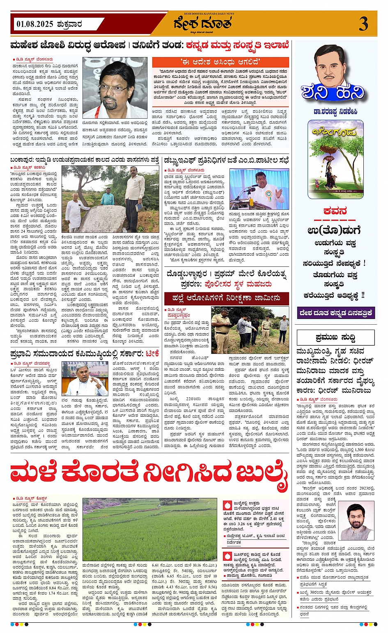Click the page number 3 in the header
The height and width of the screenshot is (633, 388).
click(x=363, y=24)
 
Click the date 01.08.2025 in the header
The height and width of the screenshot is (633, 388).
click(x=35, y=24)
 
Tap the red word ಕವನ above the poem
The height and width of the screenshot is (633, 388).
click(x=335, y=211)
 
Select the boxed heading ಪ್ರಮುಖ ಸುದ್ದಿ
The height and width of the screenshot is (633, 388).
click(x=335, y=337)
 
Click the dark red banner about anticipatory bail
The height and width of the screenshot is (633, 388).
click(x=226, y=298)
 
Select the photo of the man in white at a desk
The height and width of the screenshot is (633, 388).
click(x=85, y=378)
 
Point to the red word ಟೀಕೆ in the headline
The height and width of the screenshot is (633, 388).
click(x=152, y=353)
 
